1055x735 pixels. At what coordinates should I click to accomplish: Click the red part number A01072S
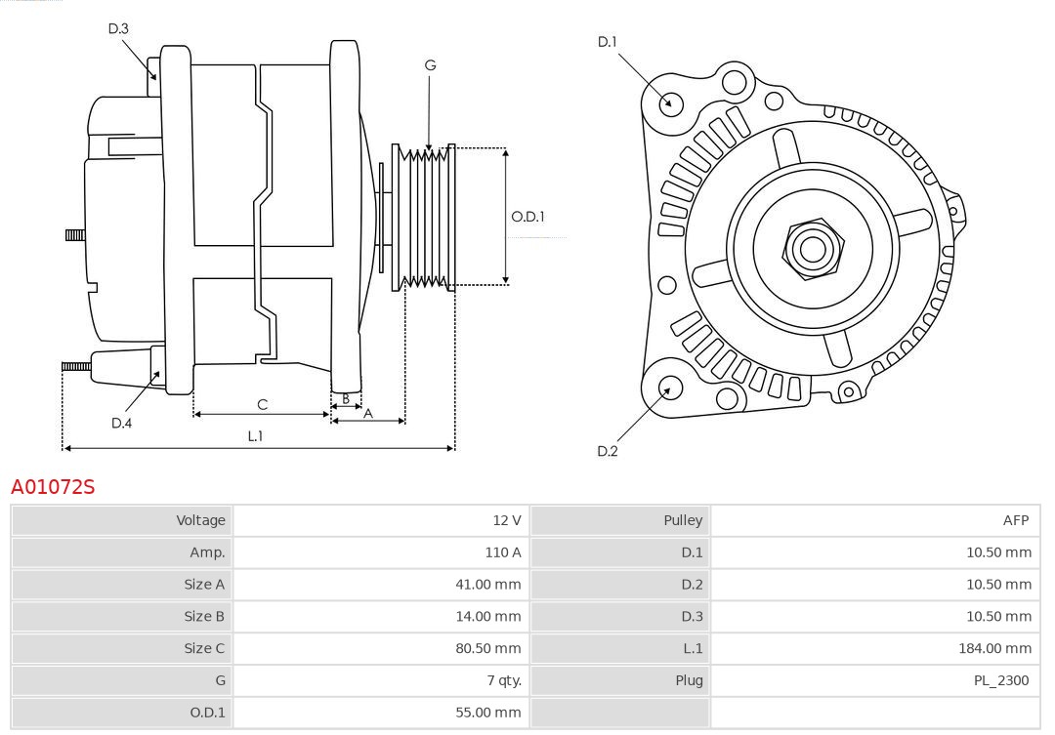[53, 486]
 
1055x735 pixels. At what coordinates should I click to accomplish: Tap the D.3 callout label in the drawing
[118, 29]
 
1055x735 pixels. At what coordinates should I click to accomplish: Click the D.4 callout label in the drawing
[121, 423]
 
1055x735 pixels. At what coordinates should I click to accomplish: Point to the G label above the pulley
[430, 65]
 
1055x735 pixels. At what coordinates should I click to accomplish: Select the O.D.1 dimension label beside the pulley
[527, 217]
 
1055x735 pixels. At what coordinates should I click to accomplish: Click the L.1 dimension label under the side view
[255, 436]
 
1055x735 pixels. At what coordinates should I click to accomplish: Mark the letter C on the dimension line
[262, 404]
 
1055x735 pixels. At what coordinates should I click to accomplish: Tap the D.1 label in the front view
[607, 42]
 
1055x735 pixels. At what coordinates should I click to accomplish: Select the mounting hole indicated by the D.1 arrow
[670, 102]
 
